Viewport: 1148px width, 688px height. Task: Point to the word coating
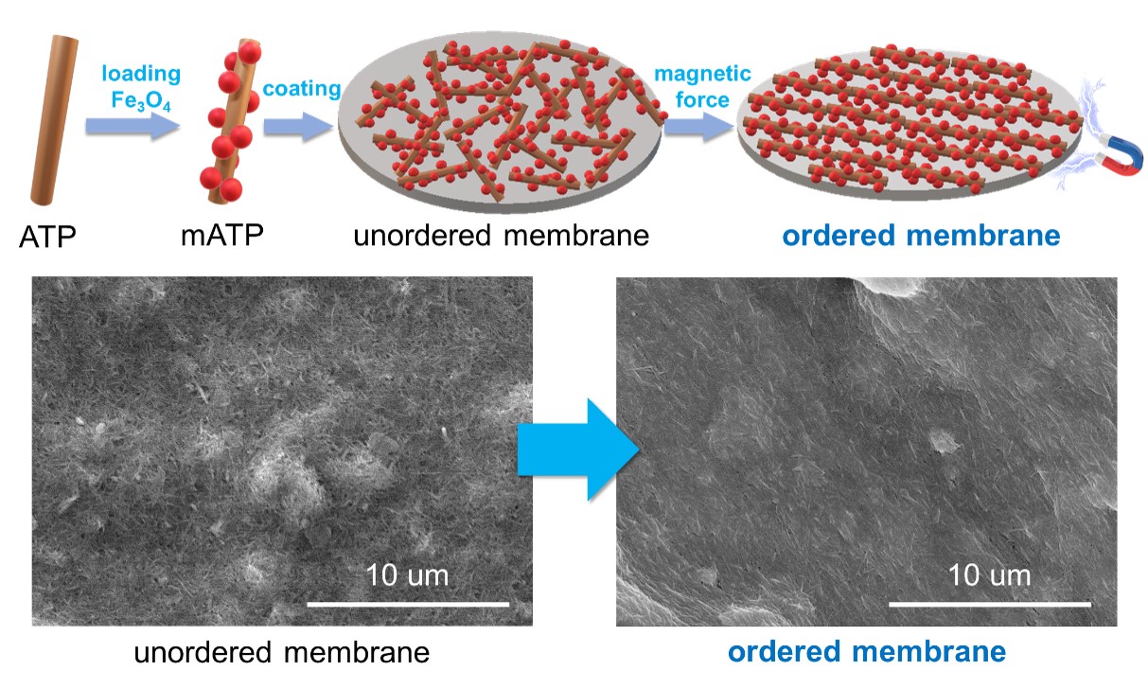[x=302, y=89]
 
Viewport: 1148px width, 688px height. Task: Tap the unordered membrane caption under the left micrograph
[x=282, y=652]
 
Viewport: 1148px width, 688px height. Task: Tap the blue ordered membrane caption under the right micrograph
[x=866, y=652]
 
